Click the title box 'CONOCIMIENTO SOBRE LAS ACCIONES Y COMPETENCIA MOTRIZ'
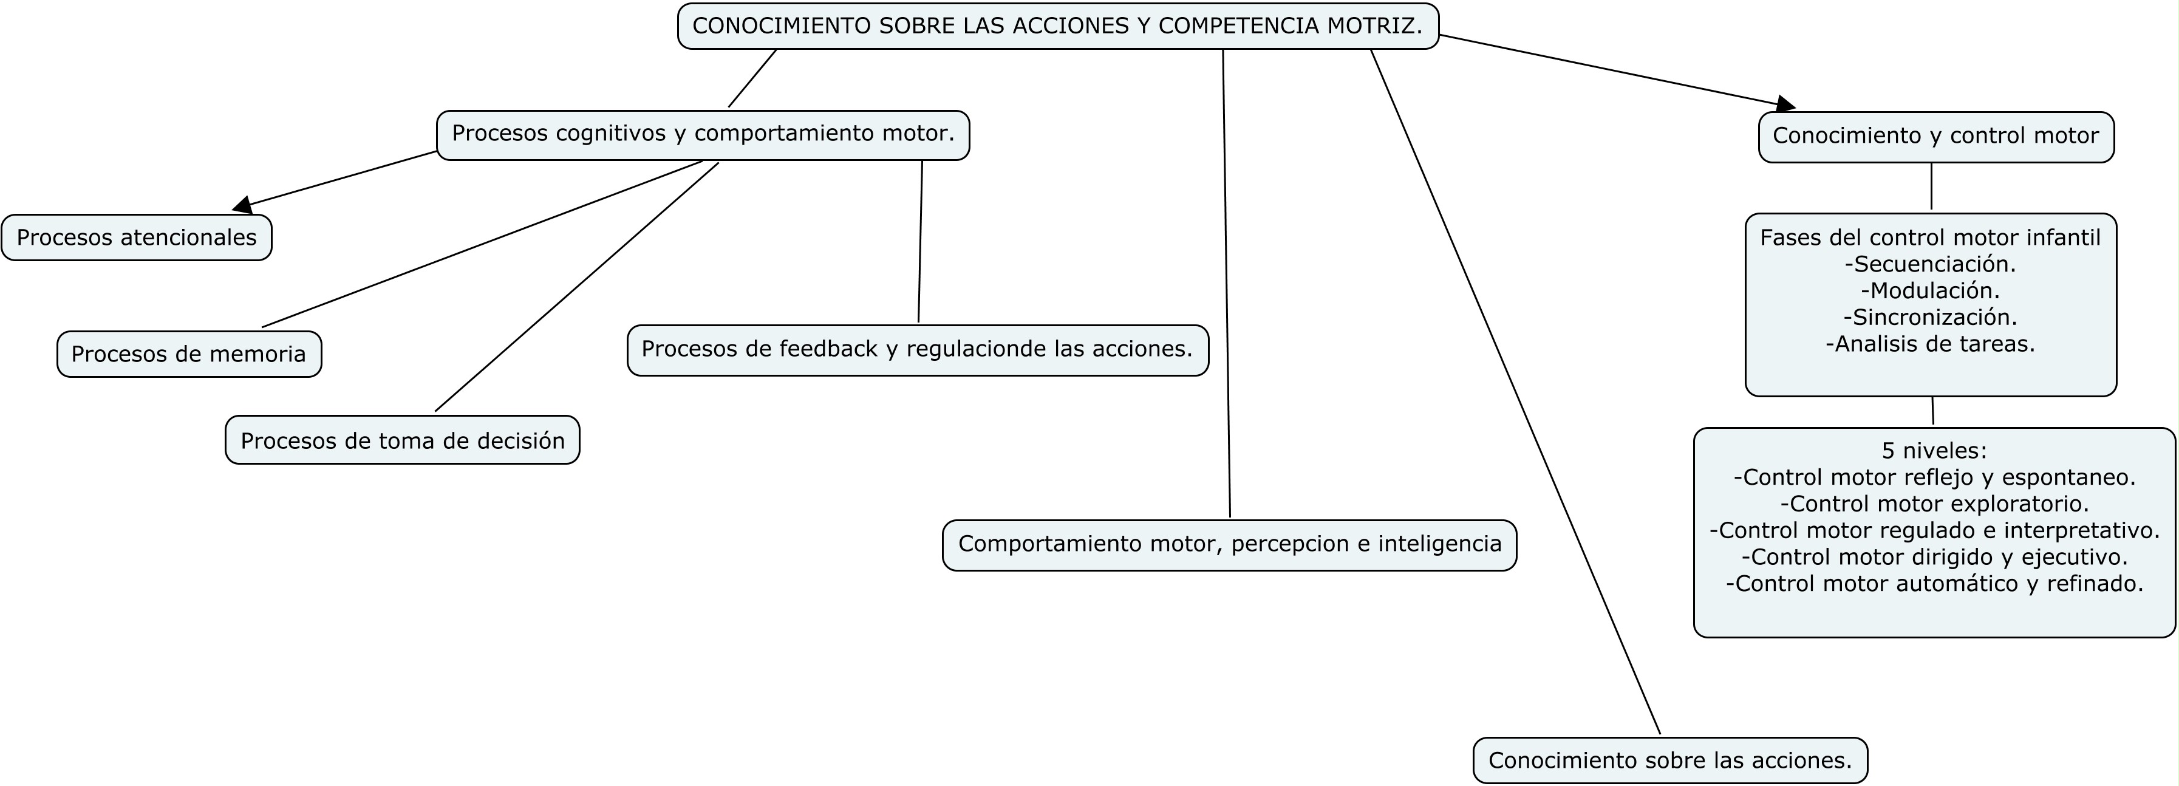pyautogui.click(x=1057, y=26)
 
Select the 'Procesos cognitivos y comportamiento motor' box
pyautogui.click(x=703, y=134)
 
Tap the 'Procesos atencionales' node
pyautogui.click(x=136, y=238)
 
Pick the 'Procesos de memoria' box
pyautogui.click(x=189, y=354)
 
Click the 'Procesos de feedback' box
pyautogui.click(x=917, y=349)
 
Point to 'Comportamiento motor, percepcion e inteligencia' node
pyautogui.click(x=1229, y=544)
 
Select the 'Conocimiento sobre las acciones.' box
pyautogui.click(x=1670, y=760)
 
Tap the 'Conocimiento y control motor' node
pyautogui.click(x=1935, y=136)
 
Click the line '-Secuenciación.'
pyautogui.click(x=1930, y=265)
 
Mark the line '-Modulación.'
pyautogui.click(x=1930, y=291)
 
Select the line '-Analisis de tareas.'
pyautogui.click(x=1930, y=344)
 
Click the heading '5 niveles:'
pyautogui.click(x=1934, y=450)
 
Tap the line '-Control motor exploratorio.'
pyautogui.click(x=1934, y=504)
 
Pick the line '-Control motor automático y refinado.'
pyautogui.click(x=1934, y=584)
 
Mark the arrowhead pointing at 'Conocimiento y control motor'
pyautogui.click(x=1785, y=105)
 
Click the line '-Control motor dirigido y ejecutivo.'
pyautogui.click(x=1934, y=558)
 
